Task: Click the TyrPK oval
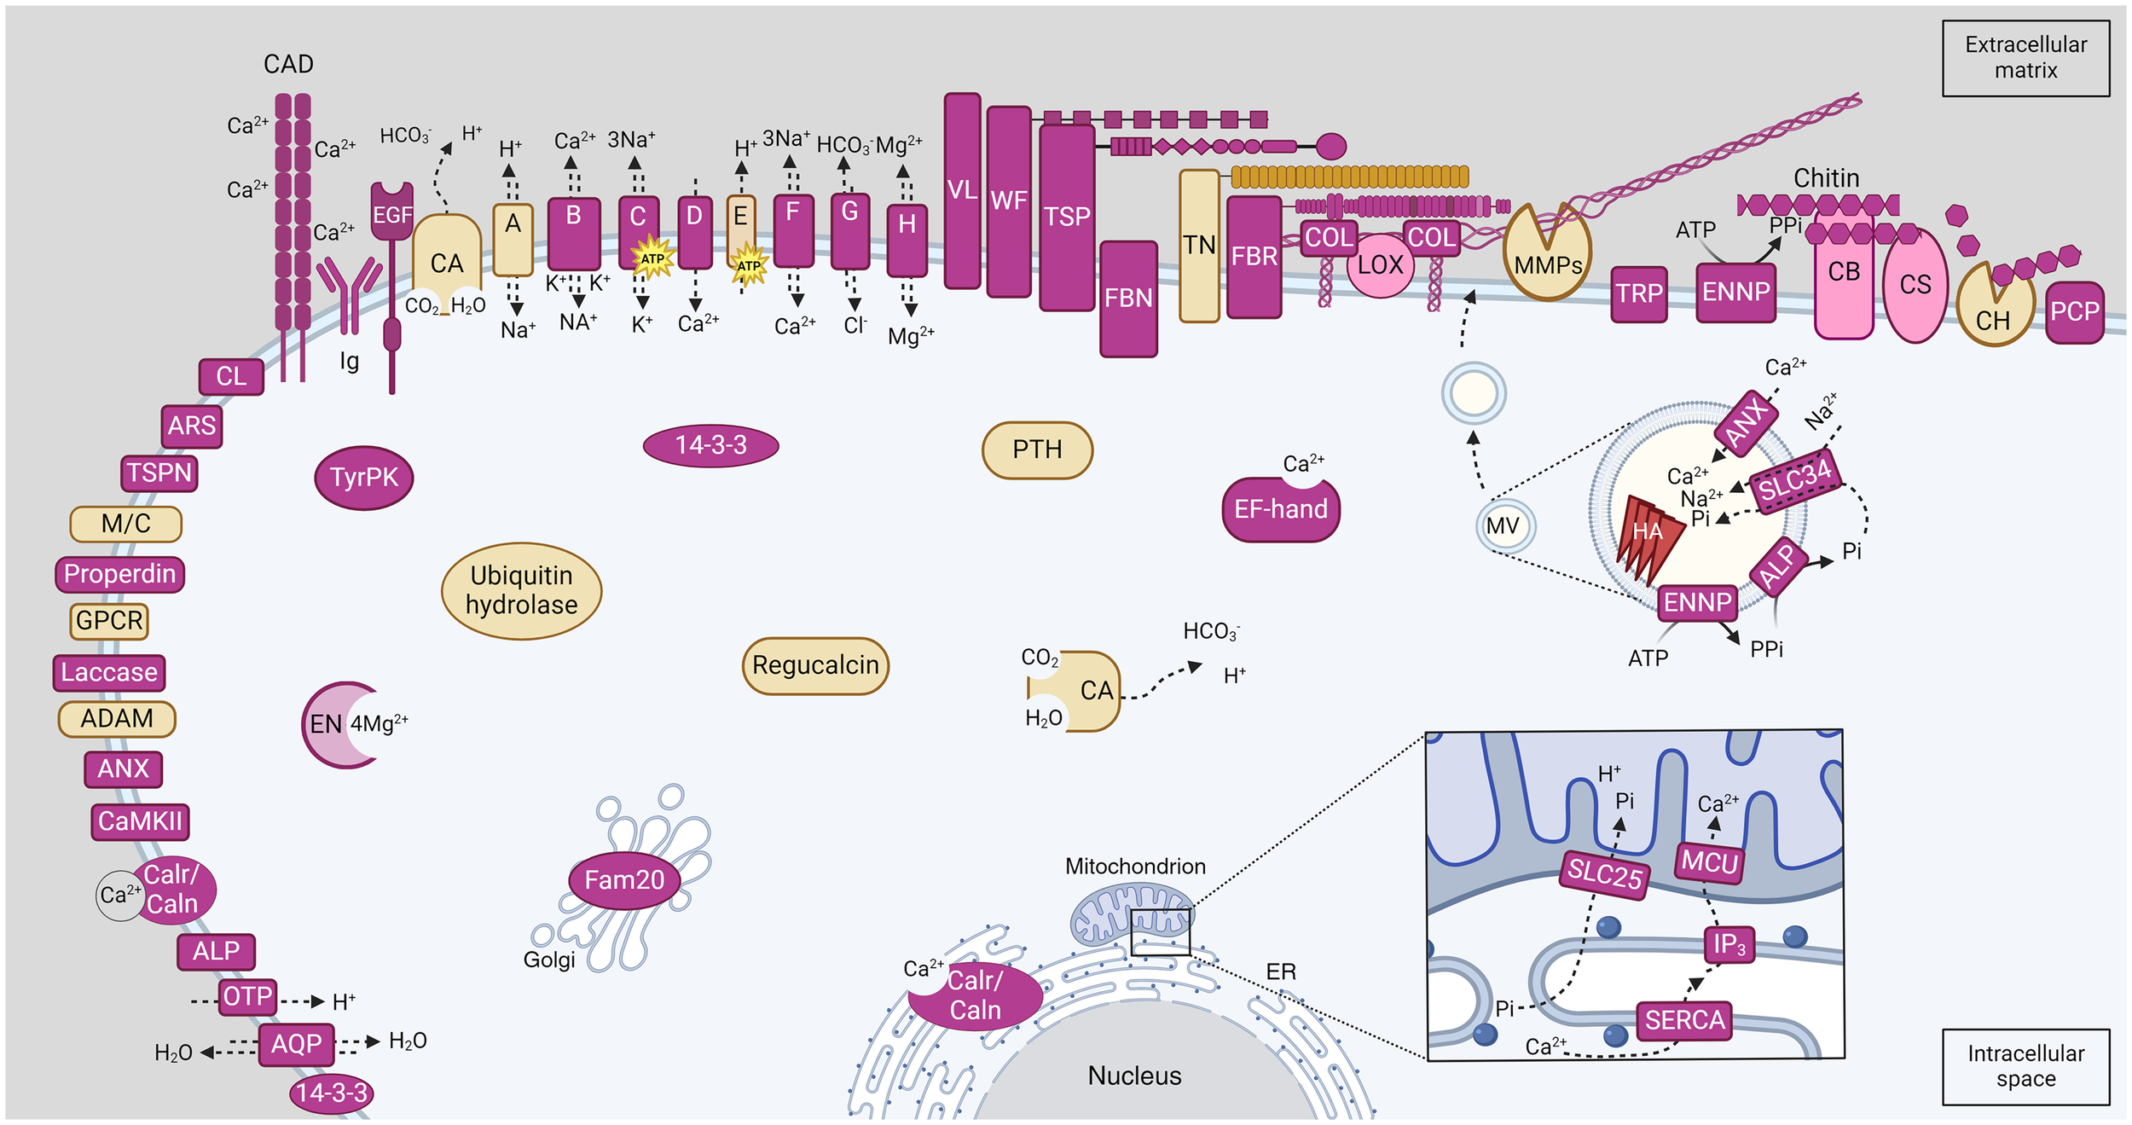pyautogui.click(x=364, y=478)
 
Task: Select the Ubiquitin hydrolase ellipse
pyautogui.click(x=521, y=590)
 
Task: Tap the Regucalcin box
pyautogui.click(x=815, y=665)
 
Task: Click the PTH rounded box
pyautogui.click(x=1037, y=449)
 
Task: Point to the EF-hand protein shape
pyautogui.click(x=1280, y=510)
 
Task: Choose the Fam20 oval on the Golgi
pyautogui.click(x=624, y=879)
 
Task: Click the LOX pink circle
pyautogui.click(x=1380, y=265)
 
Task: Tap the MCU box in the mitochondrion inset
pyautogui.click(x=1709, y=862)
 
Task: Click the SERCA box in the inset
pyautogui.click(x=1684, y=1020)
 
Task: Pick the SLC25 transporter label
pyautogui.click(x=1604, y=873)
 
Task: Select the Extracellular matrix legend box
pyautogui.click(x=2025, y=58)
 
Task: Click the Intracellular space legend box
pyautogui.click(x=2025, y=1066)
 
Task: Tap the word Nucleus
pyautogui.click(x=1134, y=1076)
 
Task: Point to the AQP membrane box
pyautogui.click(x=296, y=1044)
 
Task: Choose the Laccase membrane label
pyautogui.click(x=109, y=672)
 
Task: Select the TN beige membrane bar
pyautogui.click(x=1199, y=246)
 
